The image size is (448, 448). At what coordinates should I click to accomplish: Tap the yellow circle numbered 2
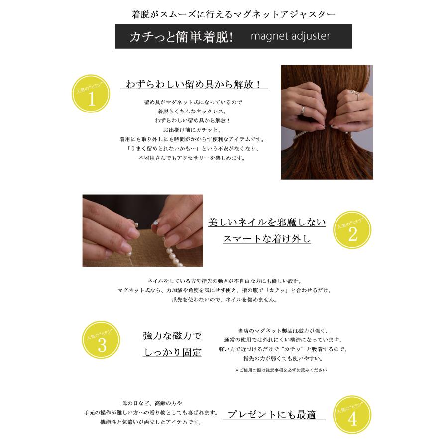pyautogui.click(x=352, y=234)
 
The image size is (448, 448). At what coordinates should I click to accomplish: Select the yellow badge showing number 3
pyautogui.click(x=101, y=344)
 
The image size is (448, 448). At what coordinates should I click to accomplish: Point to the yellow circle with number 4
pyautogui.click(x=352, y=419)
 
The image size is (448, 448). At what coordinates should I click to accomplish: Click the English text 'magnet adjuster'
pyautogui.click(x=290, y=37)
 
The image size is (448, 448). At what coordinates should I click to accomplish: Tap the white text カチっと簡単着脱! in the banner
pyautogui.click(x=181, y=37)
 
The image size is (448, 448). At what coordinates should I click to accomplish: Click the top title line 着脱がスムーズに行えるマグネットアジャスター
pyautogui.click(x=233, y=14)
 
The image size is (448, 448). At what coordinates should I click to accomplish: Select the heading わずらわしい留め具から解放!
pyautogui.click(x=194, y=84)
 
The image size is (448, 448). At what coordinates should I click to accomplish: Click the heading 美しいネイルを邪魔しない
pyautogui.click(x=266, y=222)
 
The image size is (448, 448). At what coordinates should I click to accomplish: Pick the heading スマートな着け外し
pyautogui.click(x=266, y=239)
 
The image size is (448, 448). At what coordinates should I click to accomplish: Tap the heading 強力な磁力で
pyautogui.click(x=172, y=336)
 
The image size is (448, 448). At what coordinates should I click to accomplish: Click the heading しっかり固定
pyautogui.click(x=172, y=352)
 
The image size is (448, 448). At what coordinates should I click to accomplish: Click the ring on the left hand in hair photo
pyautogui.click(x=302, y=111)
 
